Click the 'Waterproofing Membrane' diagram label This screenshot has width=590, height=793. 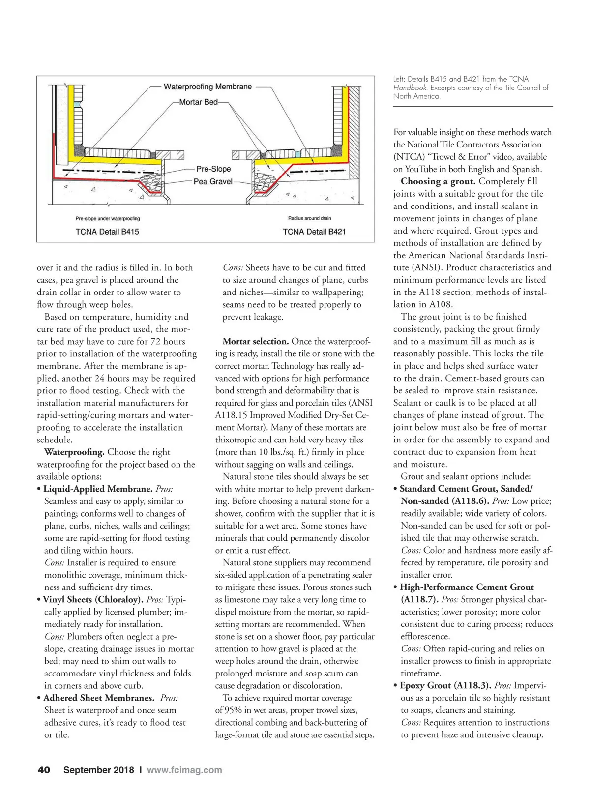(x=207, y=87)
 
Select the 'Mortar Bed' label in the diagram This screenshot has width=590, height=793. (x=198, y=102)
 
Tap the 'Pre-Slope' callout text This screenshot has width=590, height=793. (x=213, y=169)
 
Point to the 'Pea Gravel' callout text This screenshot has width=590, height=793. (x=213, y=181)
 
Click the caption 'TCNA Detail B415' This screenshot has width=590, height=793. (x=107, y=232)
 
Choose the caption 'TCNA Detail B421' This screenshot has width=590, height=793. (x=314, y=232)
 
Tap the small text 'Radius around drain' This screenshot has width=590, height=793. (x=310, y=218)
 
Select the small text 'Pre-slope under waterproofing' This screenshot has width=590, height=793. (x=108, y=219)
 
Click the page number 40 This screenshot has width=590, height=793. (x=44, y=770)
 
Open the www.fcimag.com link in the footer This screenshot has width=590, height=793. (x=184, y=770)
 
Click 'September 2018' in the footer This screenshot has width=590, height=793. (x=98, y=770)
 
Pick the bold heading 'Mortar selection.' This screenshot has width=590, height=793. (x=256, y=341)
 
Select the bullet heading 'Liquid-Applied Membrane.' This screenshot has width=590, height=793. (x=98, y=489)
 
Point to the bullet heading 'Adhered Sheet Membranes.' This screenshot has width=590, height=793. (x=99, y=698)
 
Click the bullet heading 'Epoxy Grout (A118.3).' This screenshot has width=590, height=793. (x=445, y=685)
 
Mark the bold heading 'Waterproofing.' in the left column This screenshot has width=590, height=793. (x=74, y=452)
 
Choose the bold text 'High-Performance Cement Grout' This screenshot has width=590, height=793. (x=467, y=587)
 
